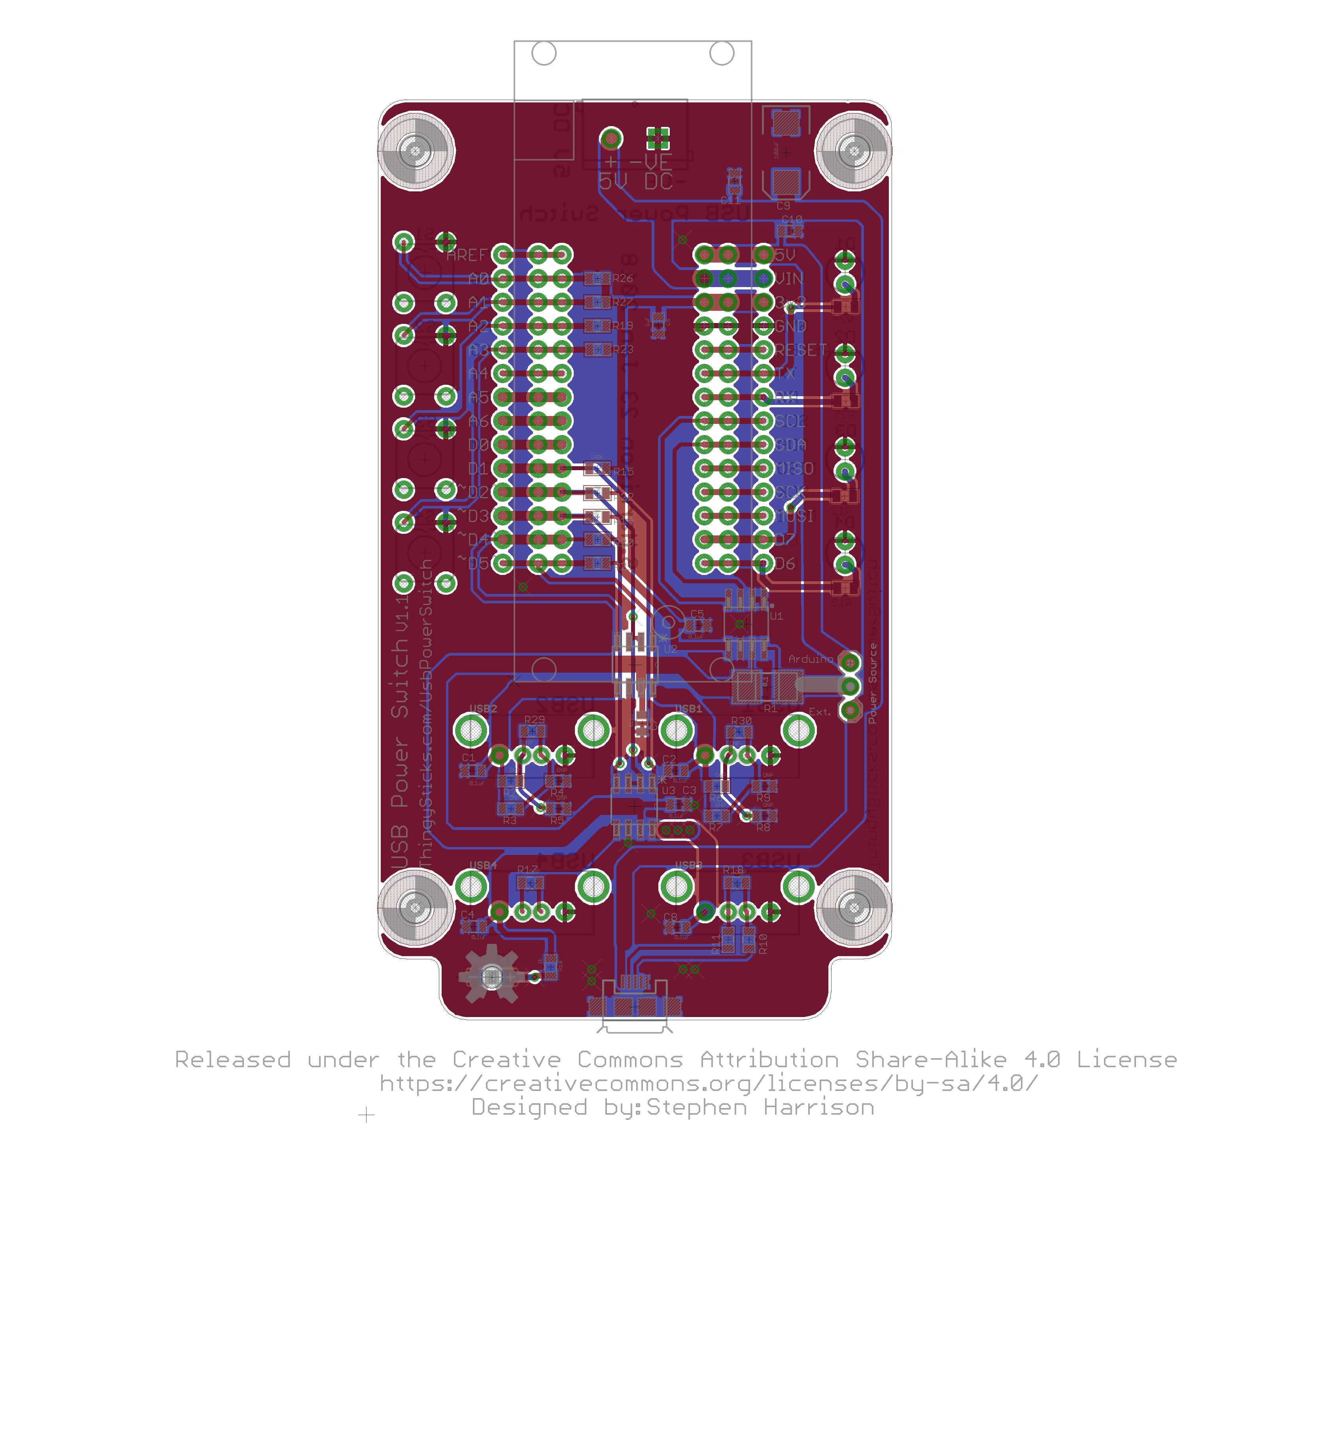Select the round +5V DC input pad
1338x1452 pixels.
pos(611,138)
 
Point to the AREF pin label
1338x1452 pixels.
pos(466,255)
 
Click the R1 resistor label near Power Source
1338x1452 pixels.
pos(770,708)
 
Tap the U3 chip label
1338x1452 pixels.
pos(668,790)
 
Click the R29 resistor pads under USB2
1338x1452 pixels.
pos(532,732)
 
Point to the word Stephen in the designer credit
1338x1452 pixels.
pos(697,1107)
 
